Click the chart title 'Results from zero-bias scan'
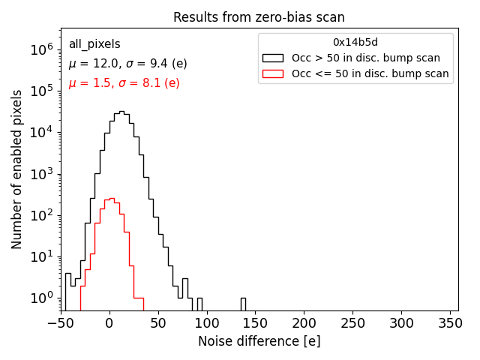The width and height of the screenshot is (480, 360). (x=259, y=17)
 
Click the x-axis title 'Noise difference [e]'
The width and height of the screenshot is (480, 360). (x=259, y=341)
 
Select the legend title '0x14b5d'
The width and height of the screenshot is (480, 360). (x=355, y=43)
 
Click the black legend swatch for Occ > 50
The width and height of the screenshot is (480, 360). (x=273, y=58)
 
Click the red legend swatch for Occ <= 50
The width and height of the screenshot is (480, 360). (x=273, y=73)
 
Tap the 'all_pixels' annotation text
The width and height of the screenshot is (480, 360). (x=94, y=44)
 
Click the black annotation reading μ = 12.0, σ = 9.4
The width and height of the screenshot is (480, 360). (x=128, y=64)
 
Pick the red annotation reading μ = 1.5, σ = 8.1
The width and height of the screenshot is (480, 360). (x=124, y=82)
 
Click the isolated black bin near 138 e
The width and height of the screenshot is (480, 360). (x=243, y=303)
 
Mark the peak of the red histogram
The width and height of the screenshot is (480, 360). (x=112, y=199)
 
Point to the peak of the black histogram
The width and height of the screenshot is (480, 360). (x=121, y=112)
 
